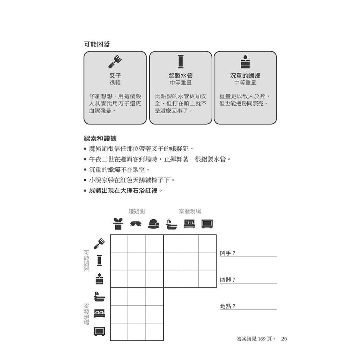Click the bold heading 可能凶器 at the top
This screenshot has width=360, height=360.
tap(97, 44)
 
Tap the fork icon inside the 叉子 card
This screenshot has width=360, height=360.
tap(115, 62)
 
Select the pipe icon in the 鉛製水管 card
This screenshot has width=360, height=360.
tap(180, 62)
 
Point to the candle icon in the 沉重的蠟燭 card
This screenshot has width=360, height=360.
tap(245, 62)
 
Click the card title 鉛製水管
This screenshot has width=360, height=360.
tap(180, 76)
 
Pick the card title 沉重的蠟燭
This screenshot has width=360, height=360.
tap(245, 76)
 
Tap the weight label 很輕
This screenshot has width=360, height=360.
tap(115, 83)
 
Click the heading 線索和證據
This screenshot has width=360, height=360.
tap(100, 138)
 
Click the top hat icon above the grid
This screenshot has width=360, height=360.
tap(118, 224)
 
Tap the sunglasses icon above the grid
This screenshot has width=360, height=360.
tap(136, 224)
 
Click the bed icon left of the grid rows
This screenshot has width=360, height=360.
tap(99, 314)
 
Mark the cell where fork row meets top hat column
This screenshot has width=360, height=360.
tap(119, 244)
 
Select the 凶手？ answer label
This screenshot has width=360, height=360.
tap(228, 253)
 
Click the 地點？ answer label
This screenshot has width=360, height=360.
tap(228, 306)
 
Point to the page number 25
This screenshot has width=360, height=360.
tap(284, 339)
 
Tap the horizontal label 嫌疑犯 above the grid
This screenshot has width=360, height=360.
tap(136, 211)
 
